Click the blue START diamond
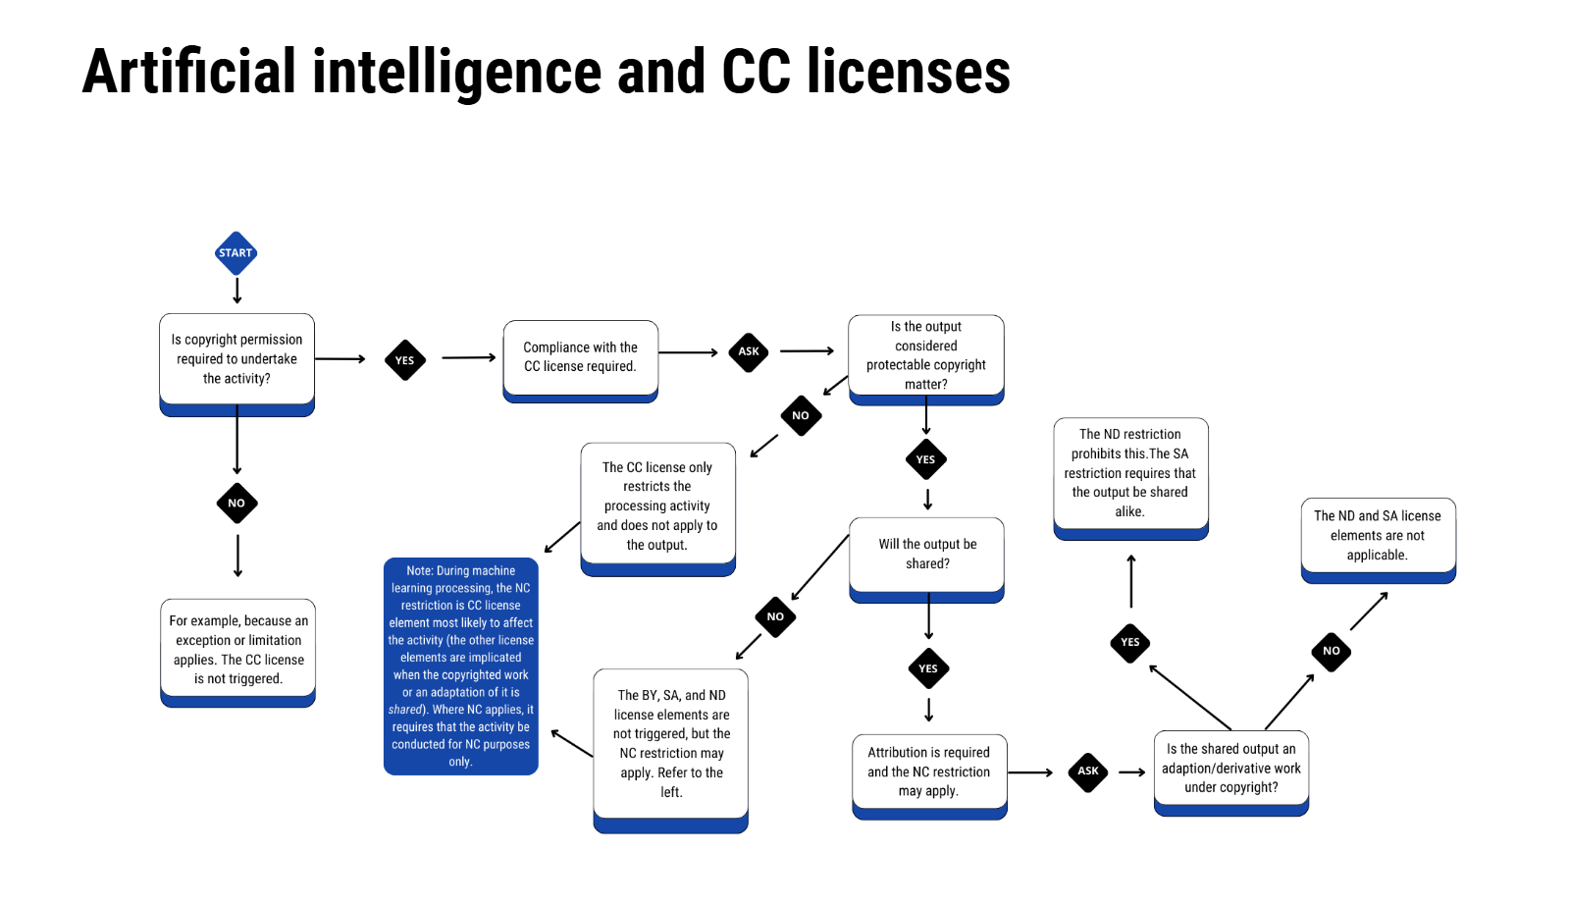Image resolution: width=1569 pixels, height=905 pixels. (x=235, y=253)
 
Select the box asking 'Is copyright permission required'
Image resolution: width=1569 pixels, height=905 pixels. (x=236, y=360)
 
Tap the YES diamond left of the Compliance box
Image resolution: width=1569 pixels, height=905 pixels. (x=404, y=360)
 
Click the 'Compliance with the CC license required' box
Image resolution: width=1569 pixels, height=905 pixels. (x=580, y=358)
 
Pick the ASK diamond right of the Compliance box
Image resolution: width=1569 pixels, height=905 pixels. (x=749, y=351)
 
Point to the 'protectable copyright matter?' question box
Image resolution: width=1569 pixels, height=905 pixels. (x=925, y=356)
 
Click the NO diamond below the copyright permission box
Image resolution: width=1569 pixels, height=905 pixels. (x=236, y=503)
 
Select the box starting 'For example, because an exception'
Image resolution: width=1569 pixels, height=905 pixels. (x=237, y=650)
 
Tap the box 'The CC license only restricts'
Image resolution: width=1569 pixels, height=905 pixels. (x=657, y=506)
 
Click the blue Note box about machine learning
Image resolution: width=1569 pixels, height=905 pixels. (x=460, y=665)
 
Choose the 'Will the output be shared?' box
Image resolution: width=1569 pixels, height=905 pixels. (x=927, y=556)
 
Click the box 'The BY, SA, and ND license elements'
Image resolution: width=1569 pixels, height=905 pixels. (x=671, y=745)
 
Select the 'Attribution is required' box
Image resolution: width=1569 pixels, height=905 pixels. (x=928, y=772)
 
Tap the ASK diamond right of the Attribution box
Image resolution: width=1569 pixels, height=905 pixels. (x=1088, y=772)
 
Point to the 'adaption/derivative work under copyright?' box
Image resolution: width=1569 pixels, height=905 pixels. (x=1230, y=770)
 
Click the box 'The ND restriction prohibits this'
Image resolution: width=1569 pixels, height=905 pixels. (x=1130, y=475)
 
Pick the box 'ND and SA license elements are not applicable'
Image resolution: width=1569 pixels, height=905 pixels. (x=1378, y=537)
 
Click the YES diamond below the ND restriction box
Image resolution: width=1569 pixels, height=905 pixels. (x=1130, y=643)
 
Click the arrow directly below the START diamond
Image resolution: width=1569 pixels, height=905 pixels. (x=236, y=291)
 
